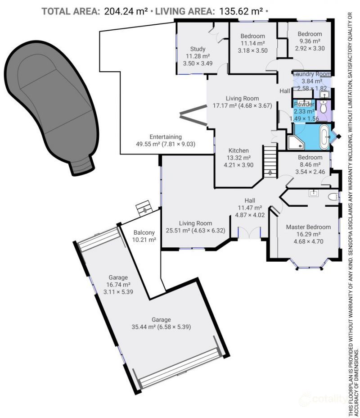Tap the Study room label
pyautogui.click(x=198, y=49)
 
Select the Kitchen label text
pyautogui.click(x=238, y=150)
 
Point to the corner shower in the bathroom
pyautogui.click(x=296, y=142)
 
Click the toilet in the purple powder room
pyautogui.click(x=324, y=107)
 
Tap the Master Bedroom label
pyautogui.click(x=308, y=227)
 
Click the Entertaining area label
pyautogui.click(x=165, y=137)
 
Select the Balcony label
pyautogui.click(x=144, y=232)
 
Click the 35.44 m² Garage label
pyautogui.click(x=161, y=320)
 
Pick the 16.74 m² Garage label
pyautogui.click(x=118, y=277)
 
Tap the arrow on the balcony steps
pyautogui.click(x=145, y=209)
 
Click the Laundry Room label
pyautogui.click(x=311, y=74)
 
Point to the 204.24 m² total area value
pyautogui.click(x=126, y=11)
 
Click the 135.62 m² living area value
pyautogui.click(x=241, y=11)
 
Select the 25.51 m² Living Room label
pyautogui.click(x=195, y=223)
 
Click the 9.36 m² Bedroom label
pyautogui.click(x=310, y=34)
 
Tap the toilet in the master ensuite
pyautogui.click(x=333, y=197)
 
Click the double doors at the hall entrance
pyautogui.click(x=249, y=232)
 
